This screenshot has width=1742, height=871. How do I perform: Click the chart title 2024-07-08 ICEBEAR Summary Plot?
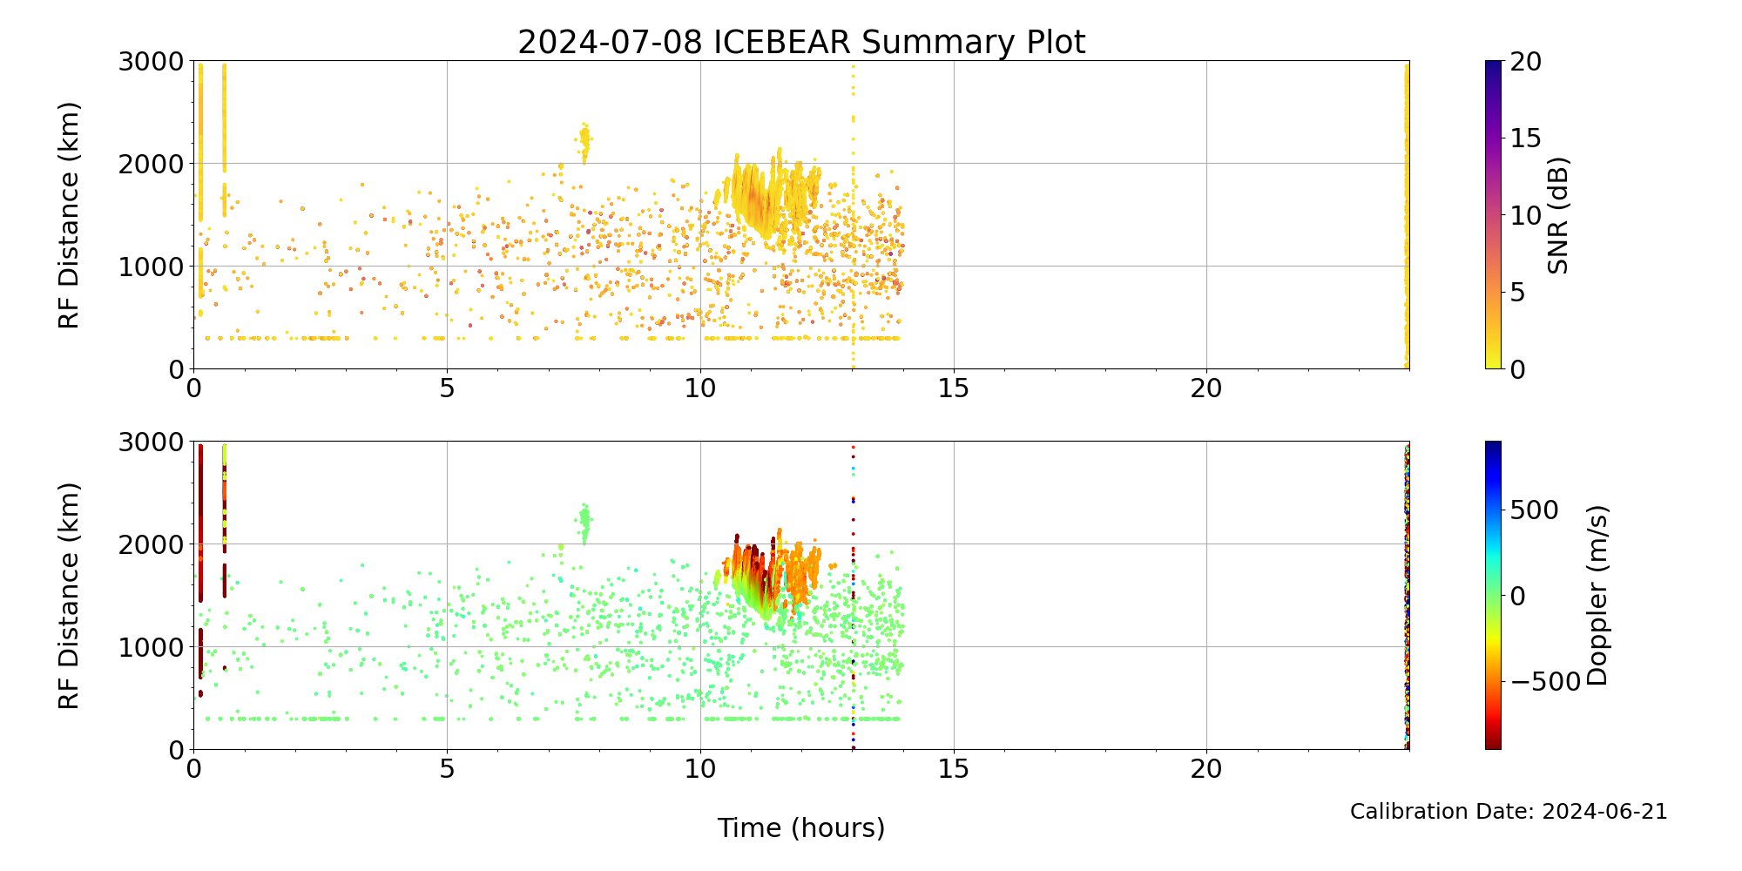click(x=801, y=42)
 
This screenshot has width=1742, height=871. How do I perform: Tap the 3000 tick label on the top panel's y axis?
click(x=158, y=62)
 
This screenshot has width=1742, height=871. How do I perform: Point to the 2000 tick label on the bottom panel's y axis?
click(x=158, y=544)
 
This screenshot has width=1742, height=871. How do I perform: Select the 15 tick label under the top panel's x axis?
click(x=953, y=388)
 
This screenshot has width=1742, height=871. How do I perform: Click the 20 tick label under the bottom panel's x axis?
click(x=1206, y=769)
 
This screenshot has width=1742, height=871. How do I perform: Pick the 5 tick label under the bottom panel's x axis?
click(x=447, y=769)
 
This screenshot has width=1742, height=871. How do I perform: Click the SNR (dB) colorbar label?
click(x=1558, y=215)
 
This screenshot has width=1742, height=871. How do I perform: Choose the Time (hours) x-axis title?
click(x=801, y=827)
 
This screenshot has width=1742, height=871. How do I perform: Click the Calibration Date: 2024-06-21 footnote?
click(x=1509, y=812)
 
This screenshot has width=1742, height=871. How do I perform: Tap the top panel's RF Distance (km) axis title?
click(x=70, y=215)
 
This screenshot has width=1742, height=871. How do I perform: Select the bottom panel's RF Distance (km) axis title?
click(x=70, y=596)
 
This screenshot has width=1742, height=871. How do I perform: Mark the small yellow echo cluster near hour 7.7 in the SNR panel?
click(x=584, y=139)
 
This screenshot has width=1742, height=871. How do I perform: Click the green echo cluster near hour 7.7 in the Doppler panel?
click(x=584, y=521)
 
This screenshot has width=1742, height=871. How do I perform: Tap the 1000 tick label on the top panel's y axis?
click(x=158, y=267)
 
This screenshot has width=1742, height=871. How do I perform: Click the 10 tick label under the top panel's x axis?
click(x=700, y=388)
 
